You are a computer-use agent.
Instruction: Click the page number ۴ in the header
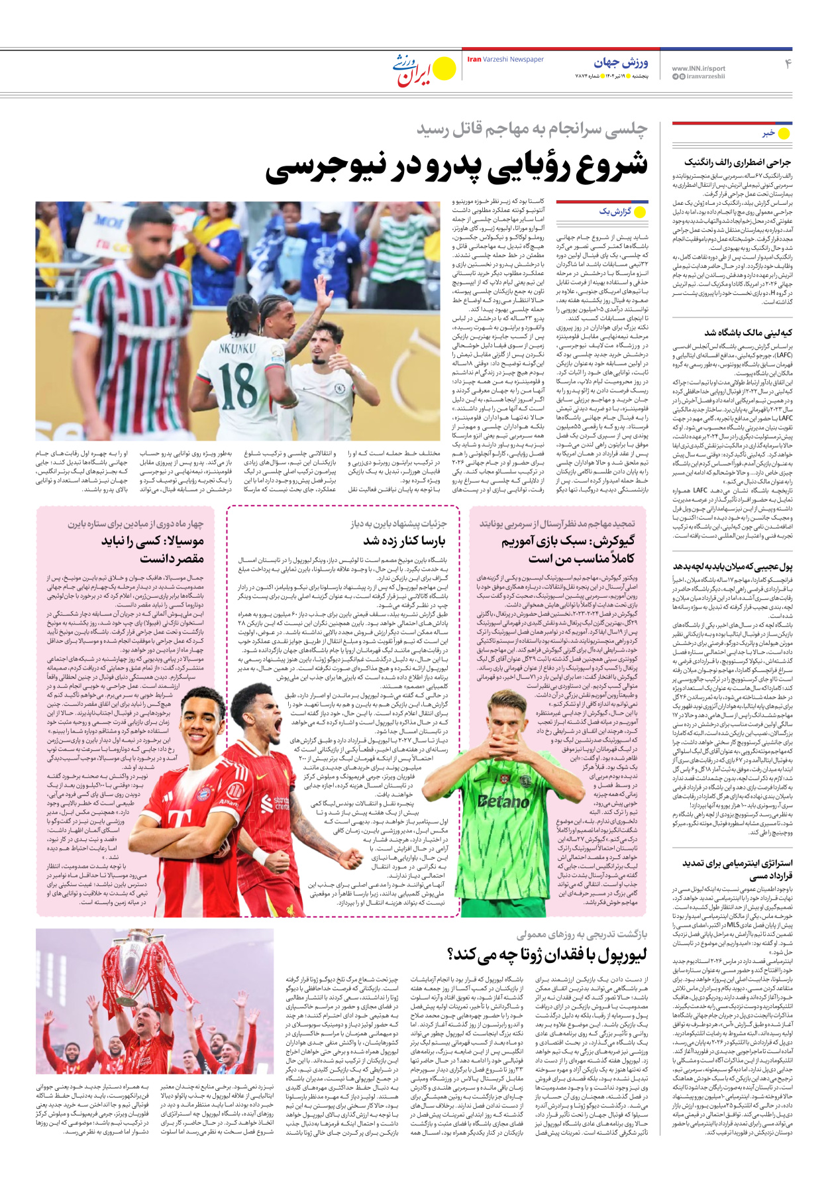(788, 64)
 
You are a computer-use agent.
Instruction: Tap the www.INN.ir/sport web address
(698, 68)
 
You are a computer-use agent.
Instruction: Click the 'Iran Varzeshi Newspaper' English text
(505, 60)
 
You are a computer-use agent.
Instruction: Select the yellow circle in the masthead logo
(444, 67)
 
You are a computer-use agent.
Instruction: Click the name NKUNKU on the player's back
(237, 347)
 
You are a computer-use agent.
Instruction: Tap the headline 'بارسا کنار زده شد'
(404, 541)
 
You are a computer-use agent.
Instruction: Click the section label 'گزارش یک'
(615, 211)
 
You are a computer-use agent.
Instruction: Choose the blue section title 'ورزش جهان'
(621, 62)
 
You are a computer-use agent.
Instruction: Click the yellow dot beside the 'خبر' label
(784, 133)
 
